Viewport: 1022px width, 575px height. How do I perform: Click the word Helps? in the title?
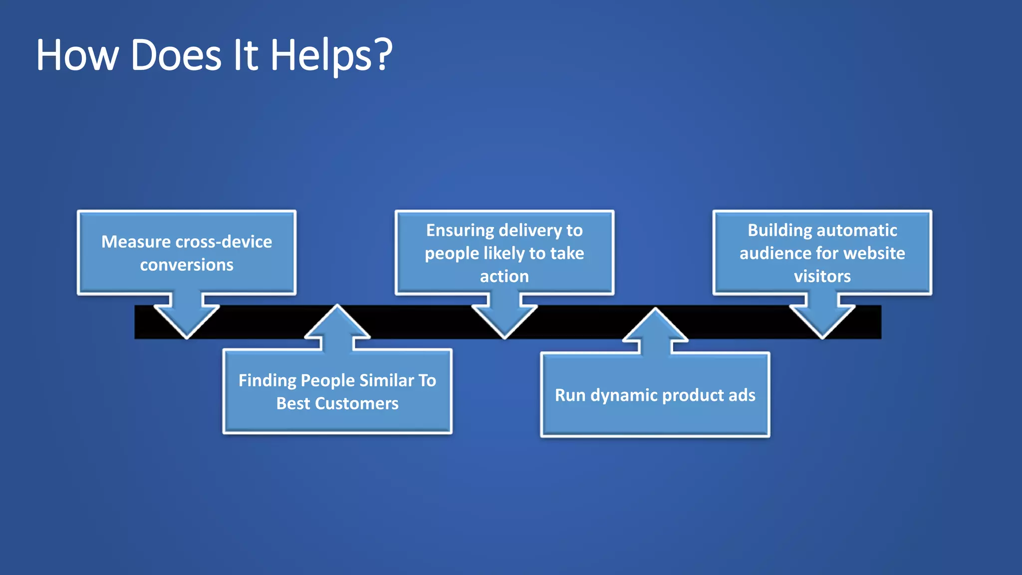[331, 55]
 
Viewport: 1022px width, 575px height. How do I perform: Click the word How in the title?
[77, 55]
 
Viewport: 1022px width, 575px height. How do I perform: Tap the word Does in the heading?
[176, 55]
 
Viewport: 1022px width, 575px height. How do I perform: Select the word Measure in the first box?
[136, 242]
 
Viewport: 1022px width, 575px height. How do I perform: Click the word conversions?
[187, 265]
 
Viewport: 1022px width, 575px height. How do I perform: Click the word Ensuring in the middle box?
[460, 230]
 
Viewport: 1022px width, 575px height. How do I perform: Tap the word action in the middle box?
[504, 276]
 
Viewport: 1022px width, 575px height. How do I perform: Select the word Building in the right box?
[779, 230]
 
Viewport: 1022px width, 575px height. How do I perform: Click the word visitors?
[822, 276]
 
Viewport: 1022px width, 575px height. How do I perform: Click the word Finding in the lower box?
[267, 380]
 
